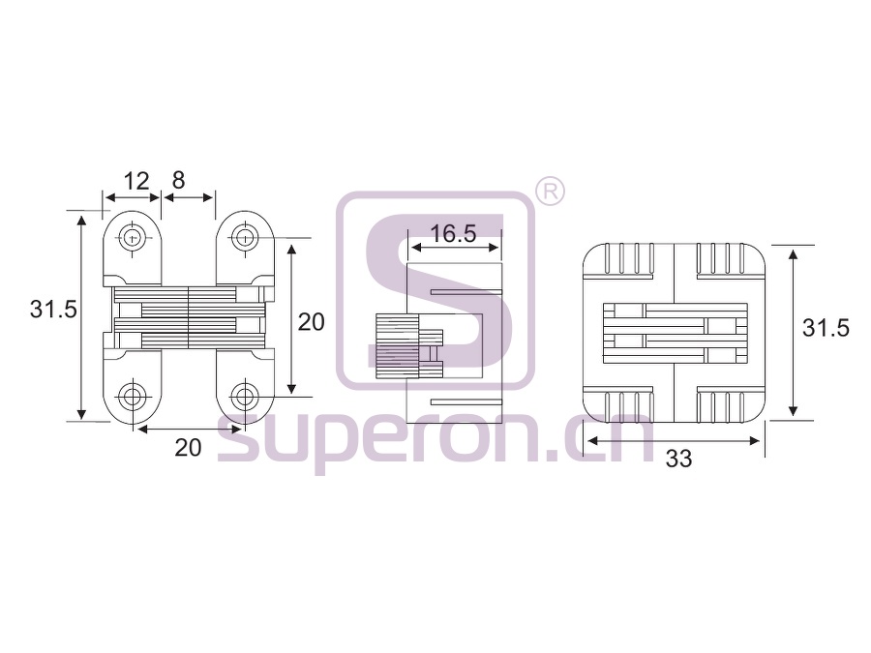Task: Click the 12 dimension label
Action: click(136, 181)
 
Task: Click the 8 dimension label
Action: click(178, 181)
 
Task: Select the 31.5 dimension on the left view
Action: click(53, 310)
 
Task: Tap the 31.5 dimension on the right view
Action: click(826, 328)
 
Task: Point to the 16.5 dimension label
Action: click(453, 234)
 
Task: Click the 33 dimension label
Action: click(678, 460)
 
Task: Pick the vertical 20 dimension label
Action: click(311, 322)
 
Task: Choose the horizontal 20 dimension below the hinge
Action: click(188, 448)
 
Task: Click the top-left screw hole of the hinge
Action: click(133, 238)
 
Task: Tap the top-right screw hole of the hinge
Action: click(244, 238)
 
